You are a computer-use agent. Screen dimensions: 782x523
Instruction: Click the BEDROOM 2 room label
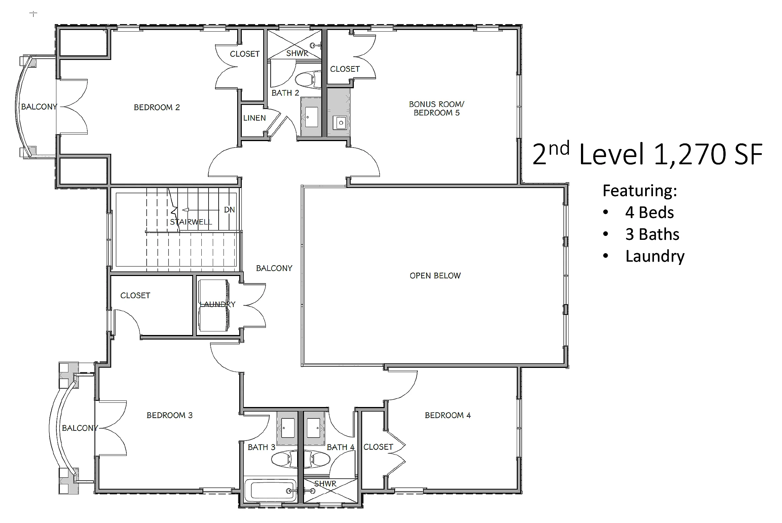pyautogui.click(x=157, y=108)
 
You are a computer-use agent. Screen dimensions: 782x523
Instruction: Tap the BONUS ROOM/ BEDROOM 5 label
pyautogui.click(x=437, y=109)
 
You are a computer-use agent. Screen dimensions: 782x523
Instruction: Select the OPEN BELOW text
pyautogui.click(x=435, y=275)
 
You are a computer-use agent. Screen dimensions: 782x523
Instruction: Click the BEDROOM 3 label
pyautogui.click(x=169, y=415)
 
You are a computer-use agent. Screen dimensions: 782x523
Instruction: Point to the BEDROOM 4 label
pyautogui.click(x=447, y=415)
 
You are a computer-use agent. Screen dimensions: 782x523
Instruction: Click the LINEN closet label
pyautogui.click(x=254, y=118)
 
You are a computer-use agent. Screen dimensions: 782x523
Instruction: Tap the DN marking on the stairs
pyautogui.click(x=229, y=210)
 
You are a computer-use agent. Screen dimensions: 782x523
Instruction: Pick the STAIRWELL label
pyautogui.click(x=191, y=222)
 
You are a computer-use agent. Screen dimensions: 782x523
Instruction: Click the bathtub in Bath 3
pyautogui.click(x=270, y=490)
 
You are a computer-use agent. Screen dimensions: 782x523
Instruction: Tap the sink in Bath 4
pyautogui.click(x=313, y=428)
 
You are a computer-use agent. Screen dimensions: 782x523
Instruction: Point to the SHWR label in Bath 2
pyautogui.click(x=297, y=53)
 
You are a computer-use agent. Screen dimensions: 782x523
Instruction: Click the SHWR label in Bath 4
pyautogui.click(x=325, y=484)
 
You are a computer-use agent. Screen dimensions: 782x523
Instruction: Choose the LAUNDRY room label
pyautogui.click(x=217, y=304)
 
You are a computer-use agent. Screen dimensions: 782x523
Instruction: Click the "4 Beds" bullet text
pyautogui.click(x=649, y=212)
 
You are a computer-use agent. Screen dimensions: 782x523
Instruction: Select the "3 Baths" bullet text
pyautogui.click(x=652, y=234)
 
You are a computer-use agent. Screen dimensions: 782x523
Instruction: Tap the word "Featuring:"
pyautogui.click(x=640, y=191)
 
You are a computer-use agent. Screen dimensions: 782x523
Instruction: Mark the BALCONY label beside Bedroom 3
pyautogui.click(x=80, y=428)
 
